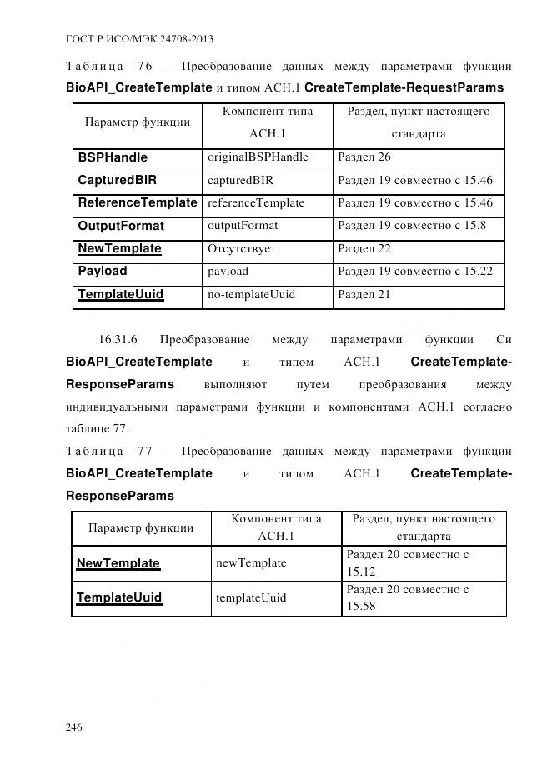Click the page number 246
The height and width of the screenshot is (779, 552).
pos(73,727)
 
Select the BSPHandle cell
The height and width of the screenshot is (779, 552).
pos(113,157)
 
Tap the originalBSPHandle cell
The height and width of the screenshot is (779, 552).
pos(258,157)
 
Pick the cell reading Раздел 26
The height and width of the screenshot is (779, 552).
pos(364,157)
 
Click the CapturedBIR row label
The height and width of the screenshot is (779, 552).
pos(118,180)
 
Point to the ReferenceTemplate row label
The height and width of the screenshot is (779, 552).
pos(138,202)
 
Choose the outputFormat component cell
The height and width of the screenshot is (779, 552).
pos(243,226)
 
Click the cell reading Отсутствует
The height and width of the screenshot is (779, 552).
pos(242,248)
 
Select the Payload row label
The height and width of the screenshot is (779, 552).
pos(103,271)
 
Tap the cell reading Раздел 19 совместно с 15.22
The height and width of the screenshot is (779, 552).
pos(415,272)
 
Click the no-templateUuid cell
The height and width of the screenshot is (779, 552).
pos(251,294)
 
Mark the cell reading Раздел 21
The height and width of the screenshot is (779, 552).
pos(364,294)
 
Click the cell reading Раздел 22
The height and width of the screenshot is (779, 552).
pos(364,248)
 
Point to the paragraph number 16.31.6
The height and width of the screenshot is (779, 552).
pos(118,339)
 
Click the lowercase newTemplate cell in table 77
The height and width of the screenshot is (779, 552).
pos(251,563)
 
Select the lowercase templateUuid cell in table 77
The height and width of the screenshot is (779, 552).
pos(251,597)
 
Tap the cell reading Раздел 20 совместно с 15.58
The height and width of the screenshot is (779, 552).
pos(408,597)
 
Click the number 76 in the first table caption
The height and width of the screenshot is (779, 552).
pos(144,66)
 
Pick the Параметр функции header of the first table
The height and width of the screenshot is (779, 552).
pos(138,122)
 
